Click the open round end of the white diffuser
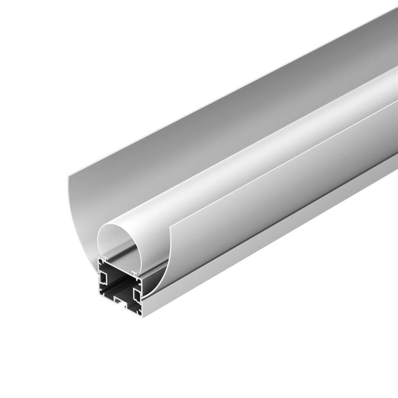click(x=115, y=243)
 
